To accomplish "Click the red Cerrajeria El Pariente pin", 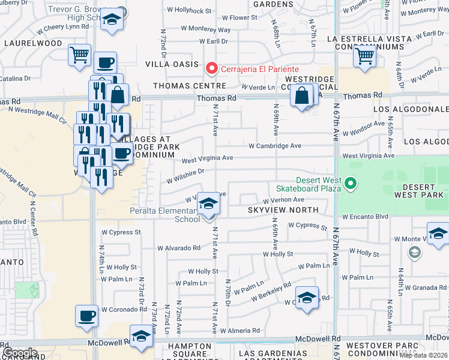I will pyautogui.click(x=211, y=69).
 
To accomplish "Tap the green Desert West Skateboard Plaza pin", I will pyautogui.click(x=352, y=184).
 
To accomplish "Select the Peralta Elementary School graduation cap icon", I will pyautogui.click(x=208, y=204).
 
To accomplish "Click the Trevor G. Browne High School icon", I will pyautogui.click(x=111, y=19).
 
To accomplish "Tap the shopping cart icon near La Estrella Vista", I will pyautogui.click(x=365, y=56).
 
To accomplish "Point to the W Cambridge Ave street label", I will pyautogui.click(x=276, y=146).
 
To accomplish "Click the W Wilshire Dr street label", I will pyautogui.click(x=186, y=175).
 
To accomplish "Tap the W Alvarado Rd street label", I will pyautogui.click(x=179, y=248).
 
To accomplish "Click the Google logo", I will pyautogui.click(x=20, y=352).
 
